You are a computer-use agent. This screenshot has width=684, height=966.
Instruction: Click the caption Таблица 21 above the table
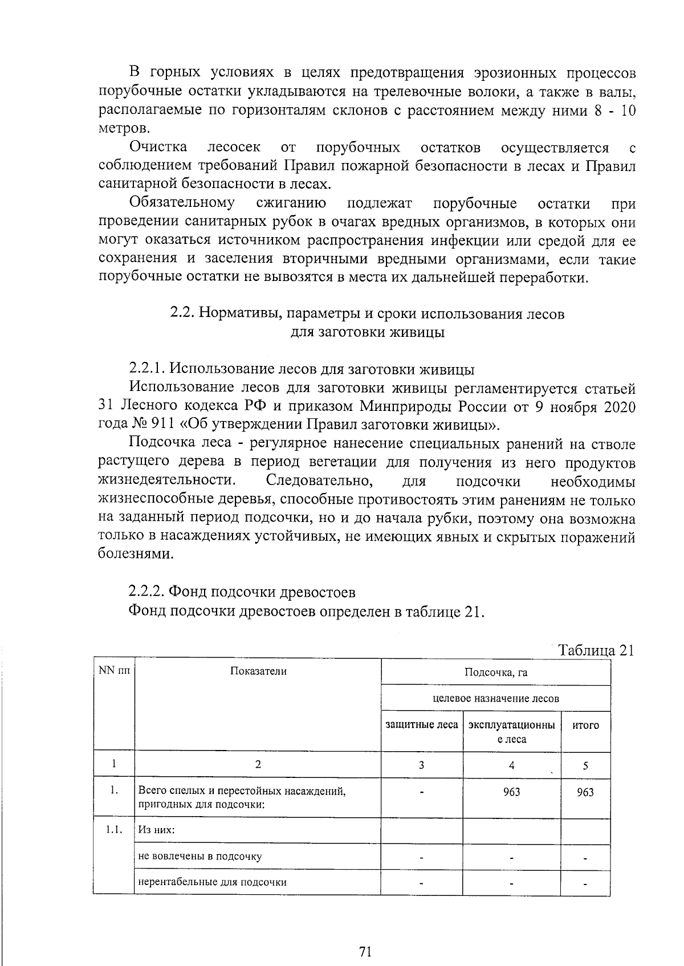pyautogui.click(x=596, y=651)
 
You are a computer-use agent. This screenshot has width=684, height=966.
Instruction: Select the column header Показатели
pyautogui.click(x=258, y=671)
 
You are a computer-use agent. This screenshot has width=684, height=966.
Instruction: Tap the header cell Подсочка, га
pyautogui.click(x=496, y=672)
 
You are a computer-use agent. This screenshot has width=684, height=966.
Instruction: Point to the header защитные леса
pyautogui.click(x=422, y=725)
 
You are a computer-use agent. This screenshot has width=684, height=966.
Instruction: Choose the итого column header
pyautogui.click(x=585, y=725)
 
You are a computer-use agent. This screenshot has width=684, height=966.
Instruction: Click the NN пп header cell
pyautogui.click(x=114, y=671)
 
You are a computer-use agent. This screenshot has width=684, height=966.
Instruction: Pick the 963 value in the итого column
pyautogui.click(x=585, y=792)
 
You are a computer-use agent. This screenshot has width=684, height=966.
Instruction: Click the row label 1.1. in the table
pyautogui.click(x=114, y=829)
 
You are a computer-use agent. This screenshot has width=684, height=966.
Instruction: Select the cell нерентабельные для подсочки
pyautogui.click(x=212, y=882)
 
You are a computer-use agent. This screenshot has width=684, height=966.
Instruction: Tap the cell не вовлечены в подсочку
pyautogui.click(x=200, y=856)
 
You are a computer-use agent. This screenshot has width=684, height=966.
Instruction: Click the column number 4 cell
pyautogui.click(x=512, y=765)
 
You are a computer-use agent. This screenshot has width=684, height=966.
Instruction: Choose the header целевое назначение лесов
pyautogui.click(x=496, y=698)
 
